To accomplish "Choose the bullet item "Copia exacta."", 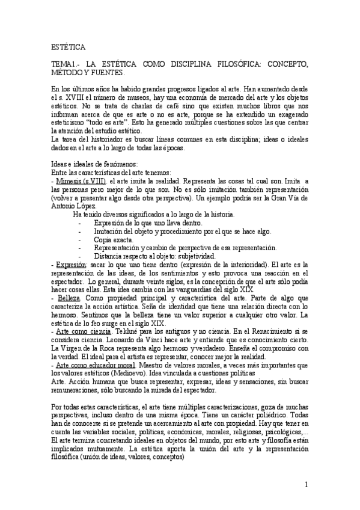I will tap(115, 240).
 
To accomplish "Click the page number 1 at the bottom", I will tap(307, 485).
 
